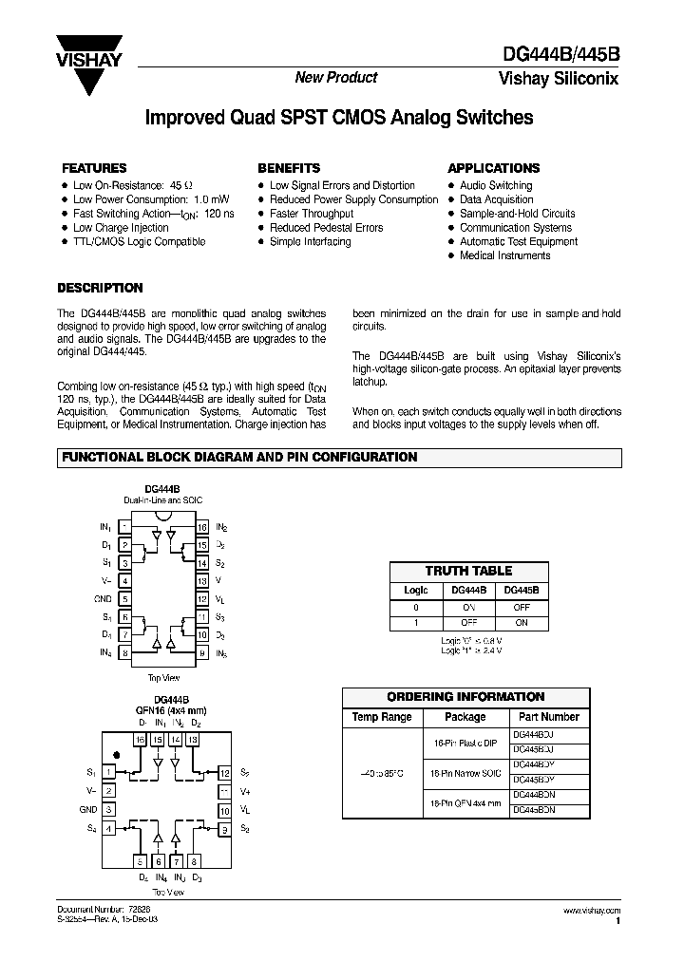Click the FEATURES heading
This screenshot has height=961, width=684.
94,168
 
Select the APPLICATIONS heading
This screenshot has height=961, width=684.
493,168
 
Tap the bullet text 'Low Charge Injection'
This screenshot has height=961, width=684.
121,228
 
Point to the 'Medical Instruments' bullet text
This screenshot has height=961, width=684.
505,256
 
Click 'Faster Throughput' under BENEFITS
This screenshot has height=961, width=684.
312,214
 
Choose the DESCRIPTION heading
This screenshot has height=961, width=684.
100,288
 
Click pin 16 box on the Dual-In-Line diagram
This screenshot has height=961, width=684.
202,526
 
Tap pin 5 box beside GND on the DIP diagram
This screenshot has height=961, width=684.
124,599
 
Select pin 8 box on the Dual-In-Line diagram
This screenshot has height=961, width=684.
124,653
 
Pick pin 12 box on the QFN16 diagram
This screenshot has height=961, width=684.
224,773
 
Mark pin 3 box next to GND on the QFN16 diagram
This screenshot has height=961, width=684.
110,810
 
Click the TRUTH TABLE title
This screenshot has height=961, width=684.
468,571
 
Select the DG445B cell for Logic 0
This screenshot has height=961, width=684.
522,607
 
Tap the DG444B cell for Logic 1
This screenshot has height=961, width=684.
468,623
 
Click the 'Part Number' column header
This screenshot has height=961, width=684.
544,717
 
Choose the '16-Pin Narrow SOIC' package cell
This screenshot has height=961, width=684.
465,774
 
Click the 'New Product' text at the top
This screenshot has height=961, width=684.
336,78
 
